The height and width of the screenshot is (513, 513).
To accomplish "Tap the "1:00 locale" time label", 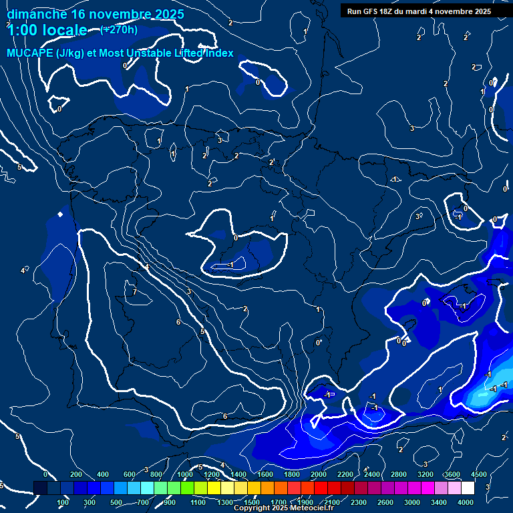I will pyautogui.click(x=47, y=30).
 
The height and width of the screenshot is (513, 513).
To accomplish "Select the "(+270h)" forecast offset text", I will pyautogui.click(x=119, y=29).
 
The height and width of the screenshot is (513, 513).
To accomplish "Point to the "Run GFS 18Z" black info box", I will pyautogui.click(x=419, y=11).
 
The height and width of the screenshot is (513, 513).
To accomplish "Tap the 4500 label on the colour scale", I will pyautogui.click(x=478, y=474).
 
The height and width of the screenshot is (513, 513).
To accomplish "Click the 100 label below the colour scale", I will pyautogui.click(x=63, y=502).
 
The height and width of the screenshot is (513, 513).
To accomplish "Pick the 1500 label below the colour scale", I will pyautogui.click(x=252, y=502).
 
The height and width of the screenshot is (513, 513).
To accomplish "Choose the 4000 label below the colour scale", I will pyautogui.click(x=466, y=502).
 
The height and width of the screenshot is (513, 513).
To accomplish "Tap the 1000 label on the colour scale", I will pyautogui.click(x=184, y=474).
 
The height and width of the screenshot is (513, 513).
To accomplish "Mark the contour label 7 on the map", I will pyautogui.click(x=134, y=292).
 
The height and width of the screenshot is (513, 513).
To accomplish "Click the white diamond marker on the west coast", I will pyautogui.click(x=60, y=214).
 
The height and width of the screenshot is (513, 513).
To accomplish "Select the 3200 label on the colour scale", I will pyautogui.click(x=425, y=474).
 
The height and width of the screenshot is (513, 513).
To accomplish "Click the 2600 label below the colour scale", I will pyautogui.click(x=386, y=502).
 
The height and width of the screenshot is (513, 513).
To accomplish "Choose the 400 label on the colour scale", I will pyautogui.click(x=103, y=474).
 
